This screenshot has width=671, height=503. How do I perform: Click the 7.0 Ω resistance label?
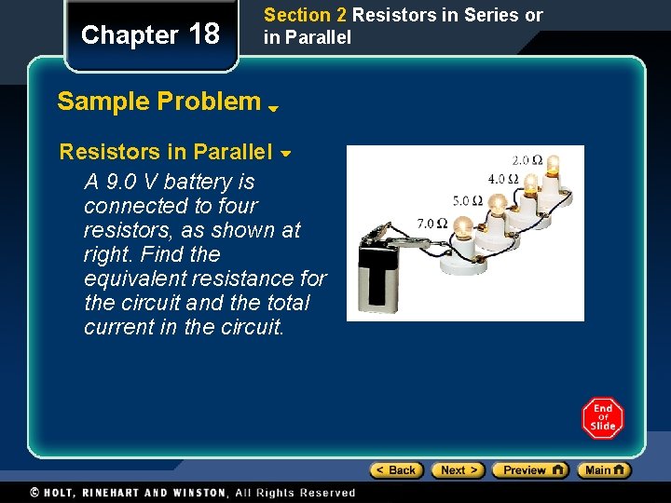[431, 224]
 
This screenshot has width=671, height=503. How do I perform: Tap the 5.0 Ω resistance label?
[467, 200]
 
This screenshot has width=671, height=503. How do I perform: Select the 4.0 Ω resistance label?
[503, 178]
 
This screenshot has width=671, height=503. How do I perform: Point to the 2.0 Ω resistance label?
[527, 160]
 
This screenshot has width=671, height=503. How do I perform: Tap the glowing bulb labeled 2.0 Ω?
[553, 167]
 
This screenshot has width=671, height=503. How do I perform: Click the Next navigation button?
[458, 470]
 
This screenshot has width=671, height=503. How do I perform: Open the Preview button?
[529, 470]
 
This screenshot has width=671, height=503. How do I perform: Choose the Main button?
[603, 470]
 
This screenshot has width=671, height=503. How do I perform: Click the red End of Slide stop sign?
[603, 417]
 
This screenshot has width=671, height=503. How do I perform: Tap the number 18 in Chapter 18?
[204, 35]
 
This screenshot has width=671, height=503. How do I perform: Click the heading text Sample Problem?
[158, 102]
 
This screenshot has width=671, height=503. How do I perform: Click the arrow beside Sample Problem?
[274, 108]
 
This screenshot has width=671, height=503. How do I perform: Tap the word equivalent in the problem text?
[127, 279]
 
